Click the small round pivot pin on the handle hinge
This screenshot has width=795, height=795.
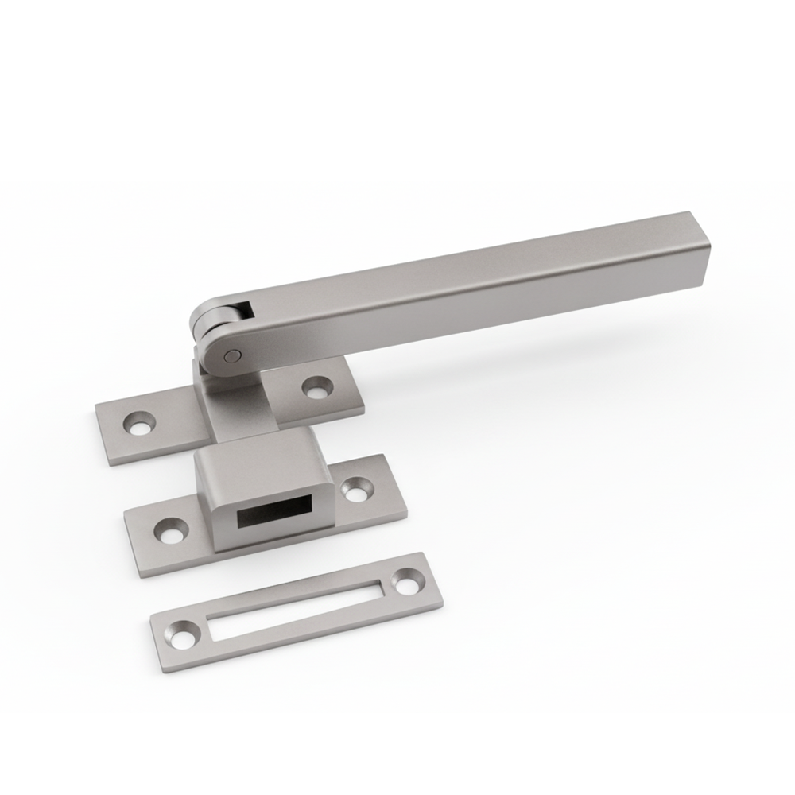click(231, 356)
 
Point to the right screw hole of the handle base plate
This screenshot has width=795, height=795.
click(315, 388)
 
